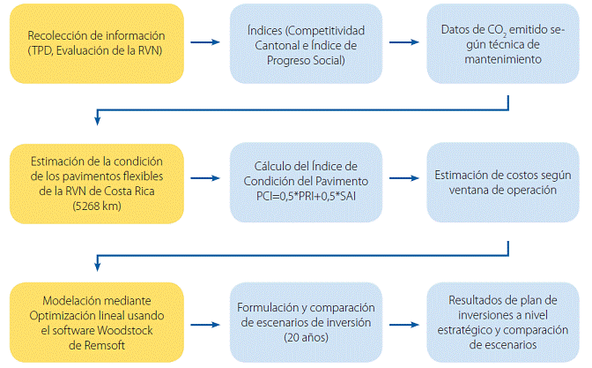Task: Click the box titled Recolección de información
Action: (97, 43)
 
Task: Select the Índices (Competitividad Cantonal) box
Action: (306, 43)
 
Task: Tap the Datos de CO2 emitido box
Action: (503, 43)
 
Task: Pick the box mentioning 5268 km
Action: (97, 184)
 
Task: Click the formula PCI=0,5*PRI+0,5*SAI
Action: (306, 196)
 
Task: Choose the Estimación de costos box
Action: (503, 183)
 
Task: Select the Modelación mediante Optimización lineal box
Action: (97, 322)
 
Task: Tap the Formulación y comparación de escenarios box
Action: (306, 322)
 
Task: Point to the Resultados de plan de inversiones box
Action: (503, 322)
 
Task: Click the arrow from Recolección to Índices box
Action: (205, 42)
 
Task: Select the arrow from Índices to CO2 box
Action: (404, 42)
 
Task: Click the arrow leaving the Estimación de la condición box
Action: (205, 178)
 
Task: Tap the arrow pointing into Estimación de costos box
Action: (404, 178)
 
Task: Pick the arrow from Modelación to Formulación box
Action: (205, 325)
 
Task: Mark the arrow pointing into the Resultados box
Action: (404, 325)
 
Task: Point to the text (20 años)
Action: (306, 337)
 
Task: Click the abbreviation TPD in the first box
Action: (41, 50)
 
